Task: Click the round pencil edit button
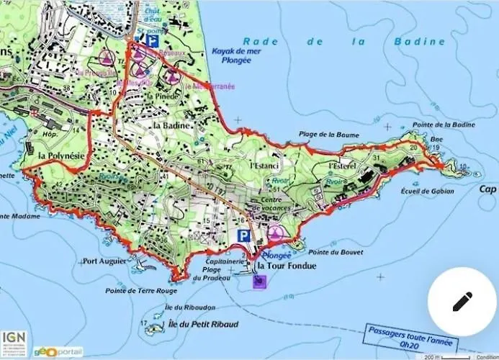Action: tap(462, 302)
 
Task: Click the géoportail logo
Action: tap(58, 351)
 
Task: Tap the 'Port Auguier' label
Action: tap(105, 261)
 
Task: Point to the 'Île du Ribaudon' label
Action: tap(184, 307)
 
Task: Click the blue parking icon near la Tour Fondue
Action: tap(243, 235)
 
